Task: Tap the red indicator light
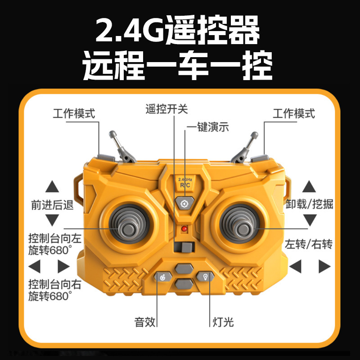[184, 229]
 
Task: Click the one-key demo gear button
[184, 203]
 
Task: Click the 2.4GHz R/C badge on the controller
[185, 183]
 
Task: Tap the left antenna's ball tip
[112, 134]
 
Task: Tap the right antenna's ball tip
[254, 135]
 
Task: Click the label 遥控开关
[166, 109]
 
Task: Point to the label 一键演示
[207, 127]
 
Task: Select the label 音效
[145, 322]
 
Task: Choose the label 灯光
[223, 322]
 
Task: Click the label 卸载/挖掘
[309, 204]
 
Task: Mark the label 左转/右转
[309, 244]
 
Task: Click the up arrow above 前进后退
[52, 186]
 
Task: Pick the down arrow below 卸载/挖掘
[310, 220]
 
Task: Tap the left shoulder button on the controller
[106, 158]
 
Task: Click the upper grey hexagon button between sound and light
[184, 268]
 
